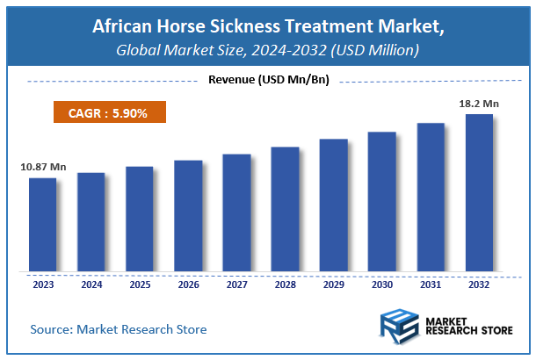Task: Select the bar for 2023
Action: click(42, 225)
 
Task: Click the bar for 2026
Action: click(188, 216)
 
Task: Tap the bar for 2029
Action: click(333, 205)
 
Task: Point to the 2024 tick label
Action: click(91, 284)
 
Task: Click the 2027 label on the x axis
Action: click(236, 284)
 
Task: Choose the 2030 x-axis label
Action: click(381, 284)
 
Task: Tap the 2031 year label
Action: click(431, 284)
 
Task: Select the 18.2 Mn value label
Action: click(478, 104)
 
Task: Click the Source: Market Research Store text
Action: click(119, 329)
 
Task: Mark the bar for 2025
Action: click(139, 220)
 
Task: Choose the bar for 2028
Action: click(285, 210)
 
